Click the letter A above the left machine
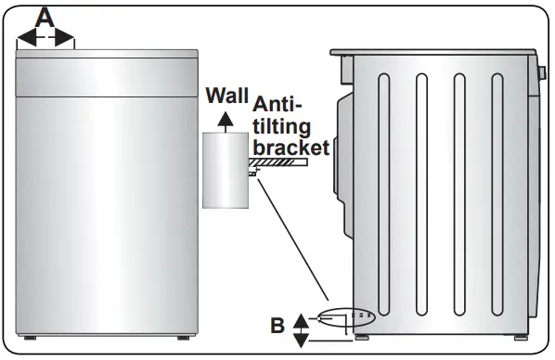pos(45,16)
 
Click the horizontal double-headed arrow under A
pos(45,38)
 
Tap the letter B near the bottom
pos(277,327)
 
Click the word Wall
pos(227,96)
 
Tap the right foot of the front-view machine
pos(185,336)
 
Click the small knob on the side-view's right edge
pos(541,72)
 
